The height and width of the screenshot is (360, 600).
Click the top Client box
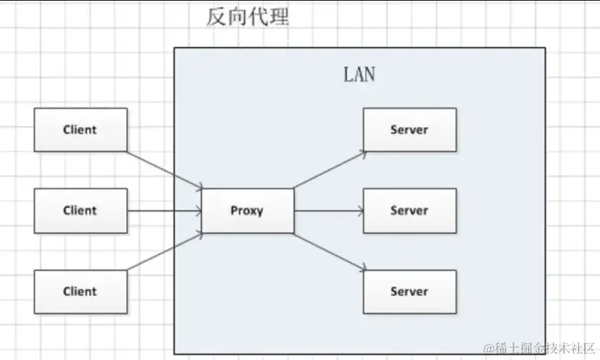coord(80,130)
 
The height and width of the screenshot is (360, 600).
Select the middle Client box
coord(80,211)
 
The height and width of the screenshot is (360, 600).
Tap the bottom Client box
coord(80,291)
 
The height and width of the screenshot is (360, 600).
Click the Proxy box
coord(247,211)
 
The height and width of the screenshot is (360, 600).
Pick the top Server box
coord(409,130)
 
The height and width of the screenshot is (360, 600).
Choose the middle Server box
coord(409,211)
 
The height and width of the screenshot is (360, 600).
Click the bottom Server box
coord(409,291)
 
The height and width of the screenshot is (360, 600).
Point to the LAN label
coord(359,75)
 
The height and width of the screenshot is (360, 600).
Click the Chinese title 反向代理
coord(248,17)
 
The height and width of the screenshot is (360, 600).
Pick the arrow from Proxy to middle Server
coord(328,211)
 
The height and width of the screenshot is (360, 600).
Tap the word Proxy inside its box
coord(247,211)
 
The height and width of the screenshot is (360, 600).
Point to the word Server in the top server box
coord(409,130)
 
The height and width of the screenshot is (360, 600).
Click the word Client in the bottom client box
coord(80,291)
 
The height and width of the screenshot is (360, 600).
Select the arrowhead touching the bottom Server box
coord(360,269)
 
